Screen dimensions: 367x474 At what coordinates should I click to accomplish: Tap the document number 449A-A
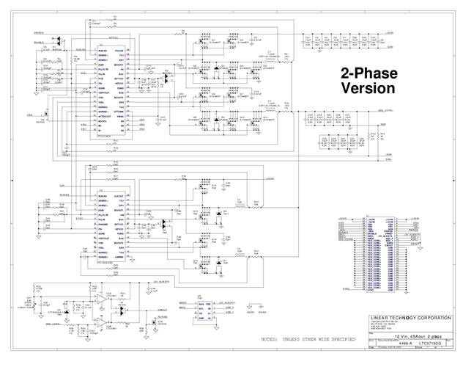pyautogui.click(x=382, y=341)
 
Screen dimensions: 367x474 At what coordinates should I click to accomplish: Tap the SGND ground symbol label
pyautogui.click(x=253, y=310)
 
